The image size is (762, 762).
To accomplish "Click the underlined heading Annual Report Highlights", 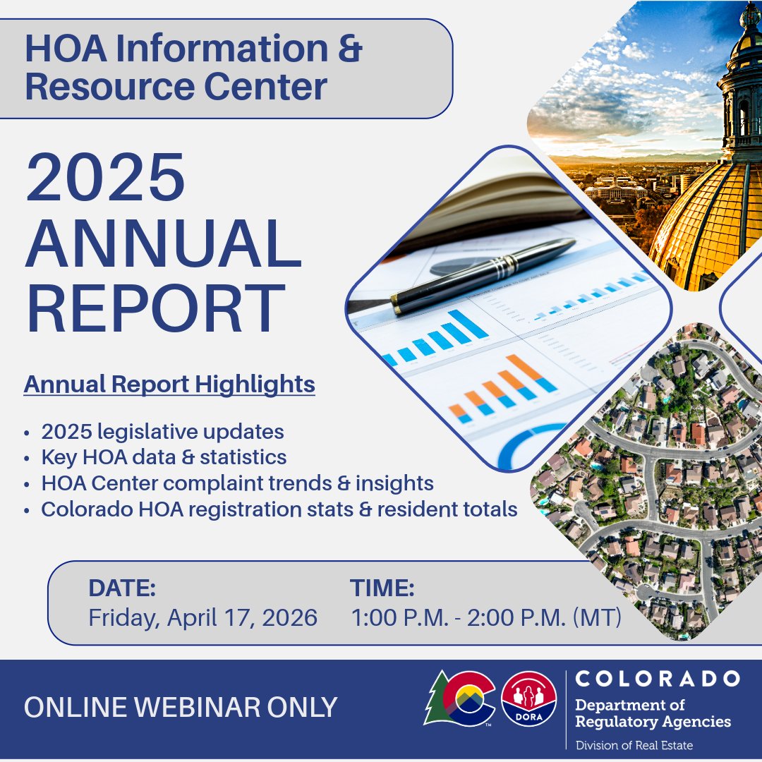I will pos(169,385).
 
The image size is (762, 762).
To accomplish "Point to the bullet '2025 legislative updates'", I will pos(162,432).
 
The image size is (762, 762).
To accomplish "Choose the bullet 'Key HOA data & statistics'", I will pos(164,457).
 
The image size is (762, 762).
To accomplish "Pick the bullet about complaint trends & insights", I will pos(237,483).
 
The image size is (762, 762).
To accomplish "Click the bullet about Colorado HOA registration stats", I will pos(279,509).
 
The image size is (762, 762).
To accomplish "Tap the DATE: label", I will pos(122,588).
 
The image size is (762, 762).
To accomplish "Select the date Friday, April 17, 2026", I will pos(202,618).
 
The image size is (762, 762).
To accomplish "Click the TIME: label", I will pos(382,588).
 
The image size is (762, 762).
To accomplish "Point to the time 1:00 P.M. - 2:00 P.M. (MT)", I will pos(486,618).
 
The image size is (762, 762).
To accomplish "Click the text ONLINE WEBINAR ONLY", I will pos(181,708).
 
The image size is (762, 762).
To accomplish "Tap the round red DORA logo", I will pos(528,698).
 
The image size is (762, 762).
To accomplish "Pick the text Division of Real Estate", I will pos(634,745).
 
